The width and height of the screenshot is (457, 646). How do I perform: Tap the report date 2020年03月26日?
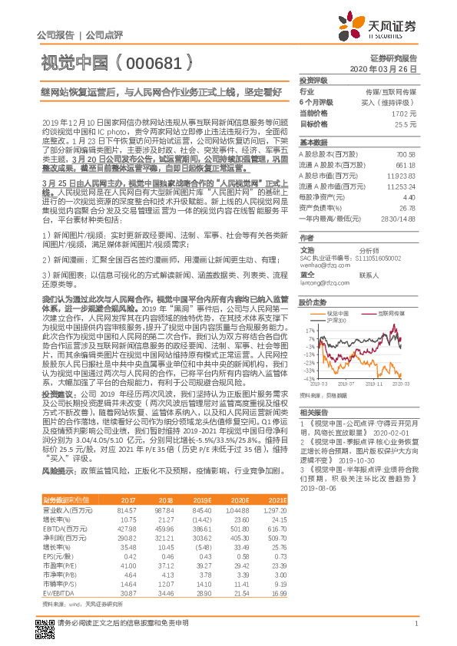(389, 69)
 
